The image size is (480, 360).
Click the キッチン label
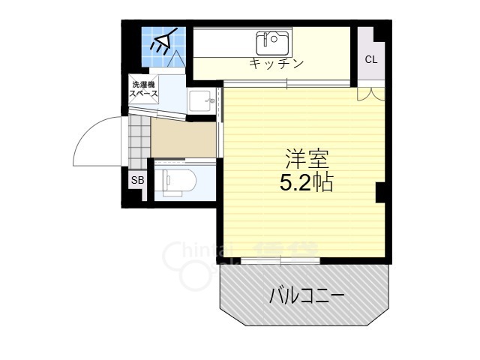pyautogui.click(x=277, y=63)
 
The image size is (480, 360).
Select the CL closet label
pyautogui.click(x=371, y=59)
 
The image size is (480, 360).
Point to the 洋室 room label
pyautogui.click(x=306, y=159)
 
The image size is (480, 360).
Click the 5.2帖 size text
pyautogui.click(x=306, y=182)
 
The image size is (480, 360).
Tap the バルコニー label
pyautogui.click(x=307, y=296)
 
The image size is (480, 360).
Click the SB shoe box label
pyautogui.click(x=137, y=180)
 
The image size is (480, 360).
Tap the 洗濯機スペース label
pyautogui.click(x=144, y=88)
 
